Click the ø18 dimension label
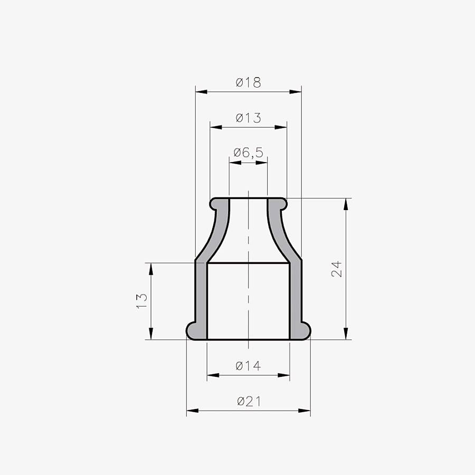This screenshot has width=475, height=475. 248,82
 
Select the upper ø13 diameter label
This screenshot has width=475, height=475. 248,118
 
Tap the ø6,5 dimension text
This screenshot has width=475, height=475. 249,153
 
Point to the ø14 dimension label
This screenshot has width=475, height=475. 248,366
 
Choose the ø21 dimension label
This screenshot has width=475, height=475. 249,402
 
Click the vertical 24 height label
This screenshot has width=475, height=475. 337,269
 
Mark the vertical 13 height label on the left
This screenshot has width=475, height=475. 142,301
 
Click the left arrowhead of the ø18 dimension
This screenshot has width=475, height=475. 202,91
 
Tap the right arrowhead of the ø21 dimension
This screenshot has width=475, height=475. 305,411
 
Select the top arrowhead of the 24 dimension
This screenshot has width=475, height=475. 346,204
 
